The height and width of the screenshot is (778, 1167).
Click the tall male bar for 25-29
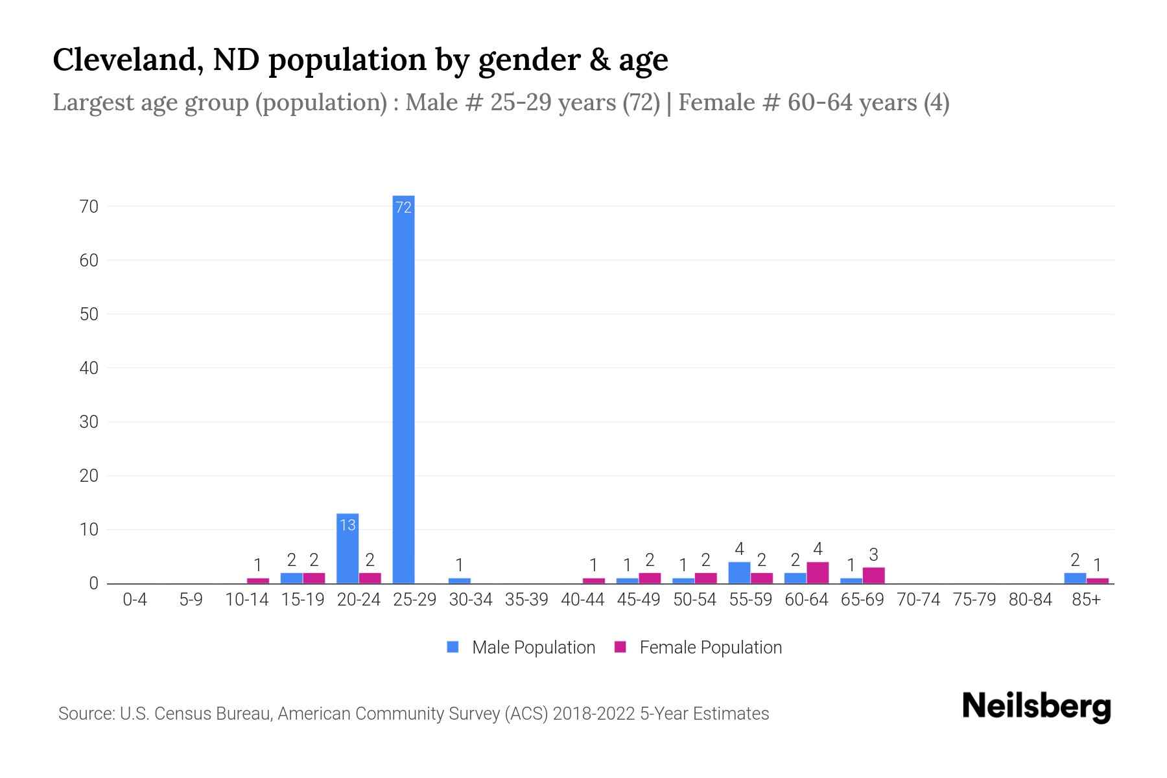(x=403, y=389)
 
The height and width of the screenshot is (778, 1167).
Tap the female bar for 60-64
(x=818, y=573)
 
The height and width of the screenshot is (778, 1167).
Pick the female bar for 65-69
(x=873, y=576)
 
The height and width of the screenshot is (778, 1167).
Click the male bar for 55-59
(x=739, y=573)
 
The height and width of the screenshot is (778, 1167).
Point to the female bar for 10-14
(x=258, y=581)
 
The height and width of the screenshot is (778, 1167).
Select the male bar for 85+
(x=1075, y=578)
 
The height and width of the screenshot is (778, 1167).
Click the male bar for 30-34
(x=460, y=581)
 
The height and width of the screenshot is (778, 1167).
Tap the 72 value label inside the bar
(x=403, y=207)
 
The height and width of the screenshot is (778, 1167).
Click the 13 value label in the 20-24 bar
(x=348, y=525)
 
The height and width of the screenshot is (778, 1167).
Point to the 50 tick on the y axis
(x=89, y=314)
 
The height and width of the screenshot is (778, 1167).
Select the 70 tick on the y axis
(x=89, y=207)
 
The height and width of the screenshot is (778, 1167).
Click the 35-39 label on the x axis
(x=526, y=600)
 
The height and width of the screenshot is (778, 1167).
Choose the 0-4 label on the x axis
(x=135, y=600)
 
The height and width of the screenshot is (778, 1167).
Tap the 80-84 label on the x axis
(x=1030, y=600)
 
